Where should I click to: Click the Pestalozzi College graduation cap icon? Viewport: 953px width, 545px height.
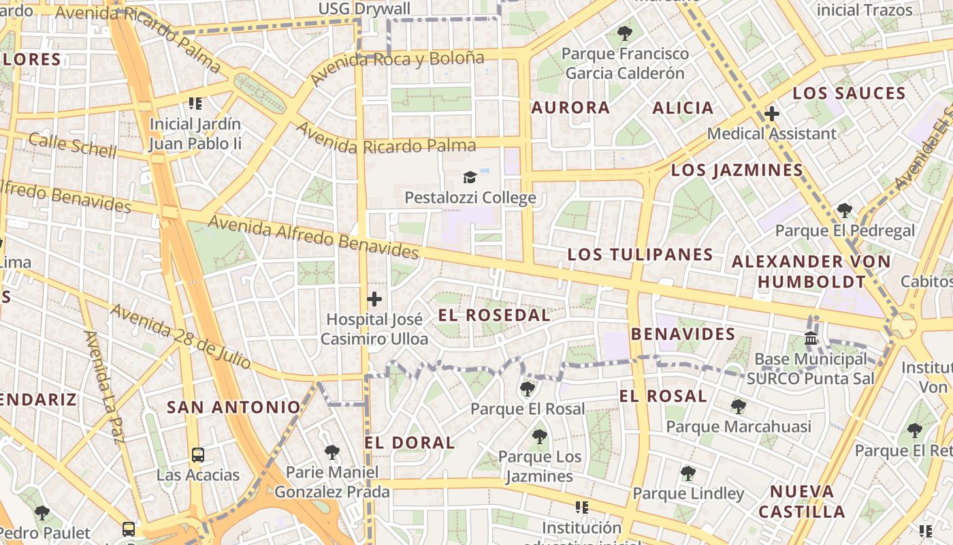[x=470, y=178]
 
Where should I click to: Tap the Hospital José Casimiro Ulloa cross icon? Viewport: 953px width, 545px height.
[x=374, y=299]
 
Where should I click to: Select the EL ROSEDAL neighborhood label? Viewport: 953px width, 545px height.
[x=494, y=315]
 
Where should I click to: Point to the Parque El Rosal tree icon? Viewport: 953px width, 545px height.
[x=527, y=389]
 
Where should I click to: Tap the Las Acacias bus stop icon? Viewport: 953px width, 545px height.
[x=197, y=455]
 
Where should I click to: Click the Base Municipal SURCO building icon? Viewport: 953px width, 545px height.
[x=811, y=338]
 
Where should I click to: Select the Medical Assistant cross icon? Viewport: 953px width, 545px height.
[x=771, y=114]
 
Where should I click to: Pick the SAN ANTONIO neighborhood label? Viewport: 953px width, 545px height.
[x=233, y=407]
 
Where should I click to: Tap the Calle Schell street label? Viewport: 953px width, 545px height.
[x=72, y=145]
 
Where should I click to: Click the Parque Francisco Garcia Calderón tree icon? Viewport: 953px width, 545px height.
[x=624, y=33]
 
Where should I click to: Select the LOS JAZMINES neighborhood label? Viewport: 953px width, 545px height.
[x=737, y=170]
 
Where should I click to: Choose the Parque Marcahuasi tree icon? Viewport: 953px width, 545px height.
[x=738, y=407]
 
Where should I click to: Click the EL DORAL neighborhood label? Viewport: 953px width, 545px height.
[x=409, y=443]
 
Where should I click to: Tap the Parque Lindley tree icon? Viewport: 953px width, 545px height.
[x=688, y=473]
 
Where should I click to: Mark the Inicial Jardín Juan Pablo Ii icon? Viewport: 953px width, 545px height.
[x=195, y=104]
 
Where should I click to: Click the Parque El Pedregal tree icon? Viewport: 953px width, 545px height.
[x=845, y=210]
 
